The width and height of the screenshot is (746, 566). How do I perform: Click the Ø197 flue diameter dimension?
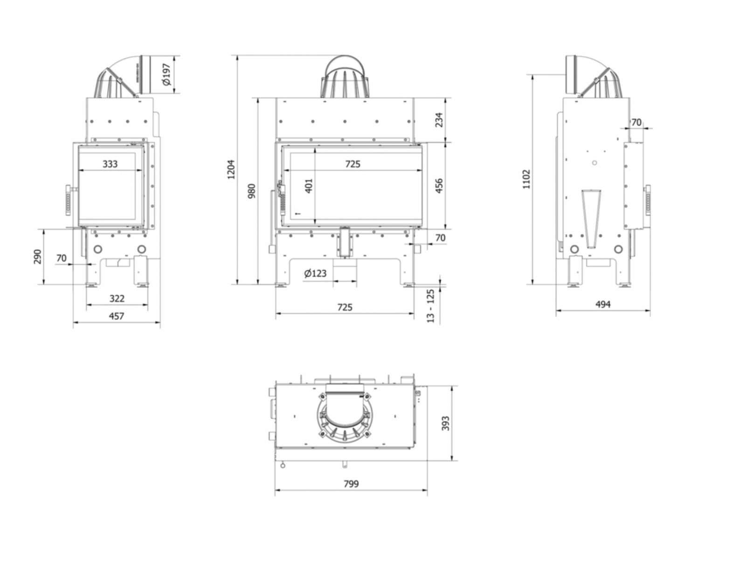point(166,74)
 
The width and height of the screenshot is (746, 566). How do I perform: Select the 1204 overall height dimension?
point(231,170)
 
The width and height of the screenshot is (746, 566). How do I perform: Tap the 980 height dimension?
point(251,191)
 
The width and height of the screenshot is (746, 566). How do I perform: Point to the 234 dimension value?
point(439,120)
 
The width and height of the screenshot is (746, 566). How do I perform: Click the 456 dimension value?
point(439,185)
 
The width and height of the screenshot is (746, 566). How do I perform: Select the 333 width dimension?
point(110,164)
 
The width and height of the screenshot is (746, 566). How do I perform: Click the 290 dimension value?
point(38,256)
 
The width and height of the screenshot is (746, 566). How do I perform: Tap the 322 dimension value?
point(117,298)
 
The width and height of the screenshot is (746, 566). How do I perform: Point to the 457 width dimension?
point(116,316)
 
